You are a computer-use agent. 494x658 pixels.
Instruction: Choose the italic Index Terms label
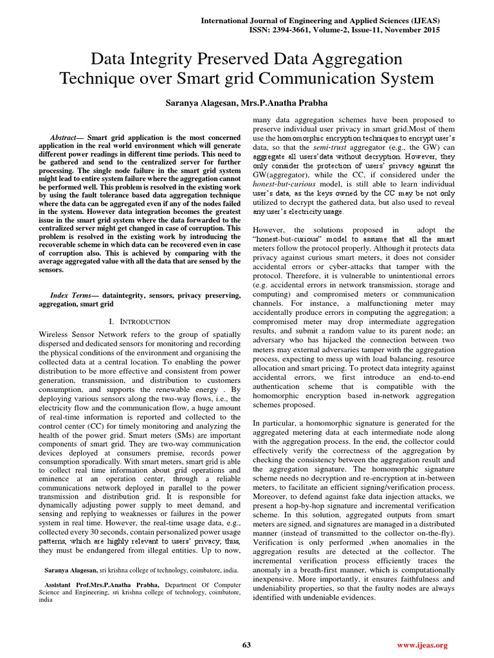click(71, 295)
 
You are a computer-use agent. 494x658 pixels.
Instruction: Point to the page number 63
click(246, 645)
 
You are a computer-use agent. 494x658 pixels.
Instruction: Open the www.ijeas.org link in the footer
click(422, 645)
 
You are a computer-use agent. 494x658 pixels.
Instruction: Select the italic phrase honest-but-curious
click(288, 184)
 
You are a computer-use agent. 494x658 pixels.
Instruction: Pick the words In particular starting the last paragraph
click(277, 423)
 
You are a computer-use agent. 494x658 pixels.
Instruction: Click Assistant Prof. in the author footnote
click(73, 585)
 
